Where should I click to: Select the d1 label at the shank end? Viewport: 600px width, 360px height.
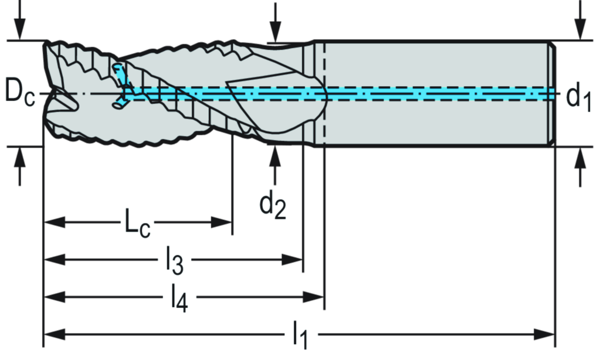[x=577, y=97]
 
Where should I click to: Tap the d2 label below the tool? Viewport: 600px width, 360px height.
[x=273, y=205]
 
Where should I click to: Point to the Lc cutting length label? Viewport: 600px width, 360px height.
[x=137, y=223]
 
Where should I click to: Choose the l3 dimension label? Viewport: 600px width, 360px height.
[x=174, y=260]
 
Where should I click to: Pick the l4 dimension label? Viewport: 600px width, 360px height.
[x=179, y=298]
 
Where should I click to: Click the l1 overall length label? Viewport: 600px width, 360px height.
[x=301, y=336]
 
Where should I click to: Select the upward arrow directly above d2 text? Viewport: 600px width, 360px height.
[x=274, y=158]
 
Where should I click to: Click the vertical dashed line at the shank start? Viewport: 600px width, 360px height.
[x=324, y=94]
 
